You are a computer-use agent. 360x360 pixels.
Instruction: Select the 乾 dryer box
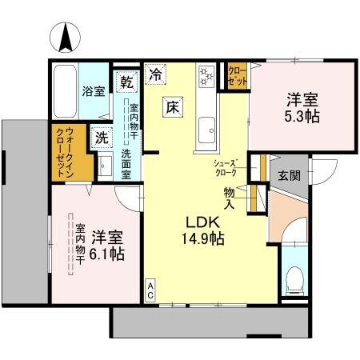tap(126, 81)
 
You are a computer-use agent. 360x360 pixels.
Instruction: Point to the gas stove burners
tap(206, 76)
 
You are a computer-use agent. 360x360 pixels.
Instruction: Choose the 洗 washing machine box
tap(101, 137)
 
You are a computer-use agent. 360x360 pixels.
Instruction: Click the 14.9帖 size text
tap(202, 238)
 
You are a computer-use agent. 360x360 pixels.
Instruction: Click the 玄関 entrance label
tap(288, 175)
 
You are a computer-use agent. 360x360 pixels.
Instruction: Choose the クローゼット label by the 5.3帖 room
tap(237, 76)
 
